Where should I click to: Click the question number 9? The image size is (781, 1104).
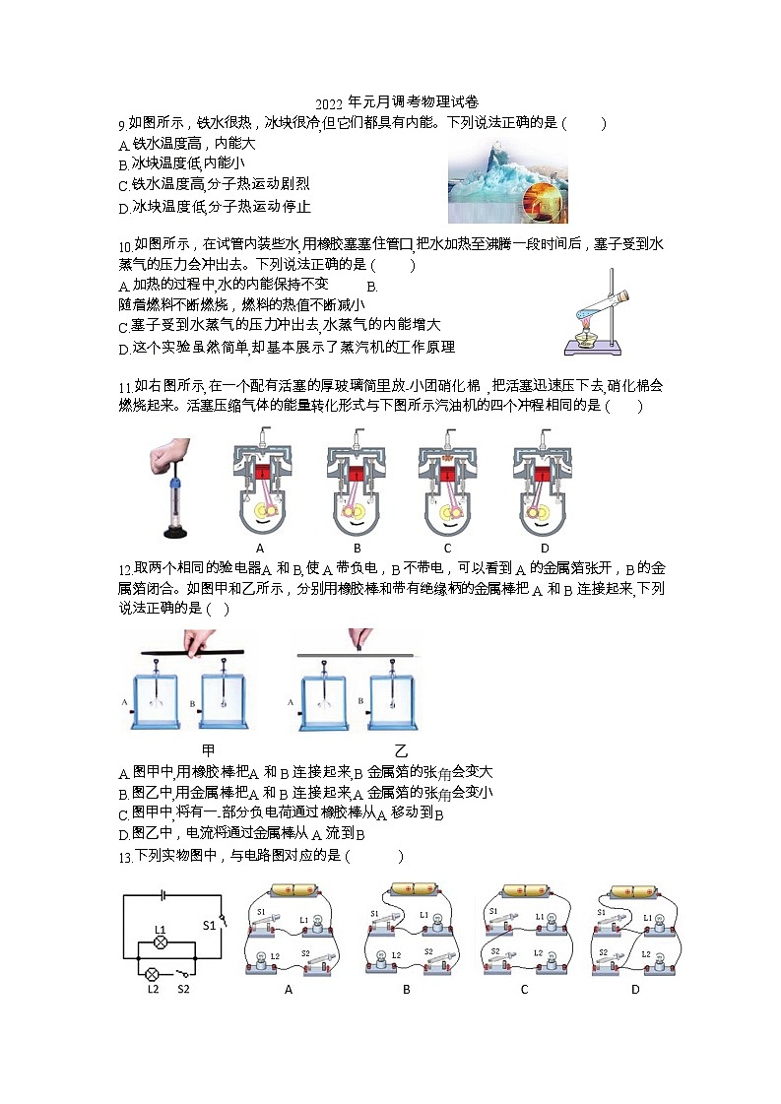pyautogui.click(x=121, y=124)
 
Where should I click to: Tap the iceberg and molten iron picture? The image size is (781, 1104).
pyautogui.click(x=507, y=180)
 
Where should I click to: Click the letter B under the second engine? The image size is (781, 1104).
pyautogui.click(x=357, y=549)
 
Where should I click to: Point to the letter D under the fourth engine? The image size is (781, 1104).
pyautogui.click(x=545, y=549)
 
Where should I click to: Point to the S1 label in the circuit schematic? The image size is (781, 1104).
pyautogui.click(x=209, y=925)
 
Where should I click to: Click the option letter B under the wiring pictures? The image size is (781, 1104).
pyautogui.click(x=406, y=989)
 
